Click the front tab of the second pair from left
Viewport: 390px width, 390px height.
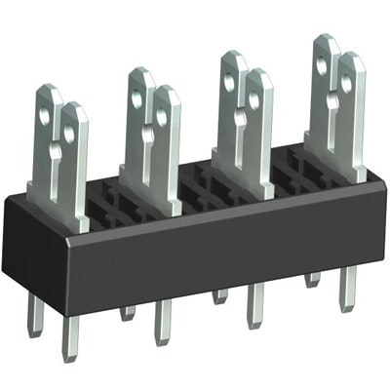(165, 146)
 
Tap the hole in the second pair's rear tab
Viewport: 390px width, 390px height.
(136, 97)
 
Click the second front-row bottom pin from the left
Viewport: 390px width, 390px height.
(163, 322)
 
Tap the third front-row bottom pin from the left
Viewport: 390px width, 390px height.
(255, 304)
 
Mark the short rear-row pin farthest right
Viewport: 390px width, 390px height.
(312, 279)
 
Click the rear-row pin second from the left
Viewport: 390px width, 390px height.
(128, 312)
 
